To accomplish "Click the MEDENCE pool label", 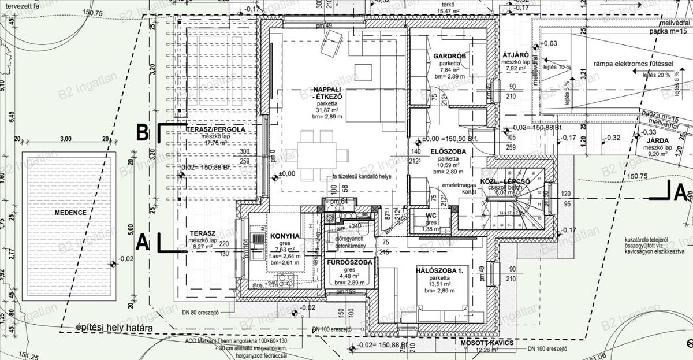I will (70, 213).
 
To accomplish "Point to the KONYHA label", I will (285, 236).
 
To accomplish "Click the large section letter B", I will (142, 132).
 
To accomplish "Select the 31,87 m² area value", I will (327, 110).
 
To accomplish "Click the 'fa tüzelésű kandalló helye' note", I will (362, 177).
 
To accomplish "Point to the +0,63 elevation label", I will (549, 43).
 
